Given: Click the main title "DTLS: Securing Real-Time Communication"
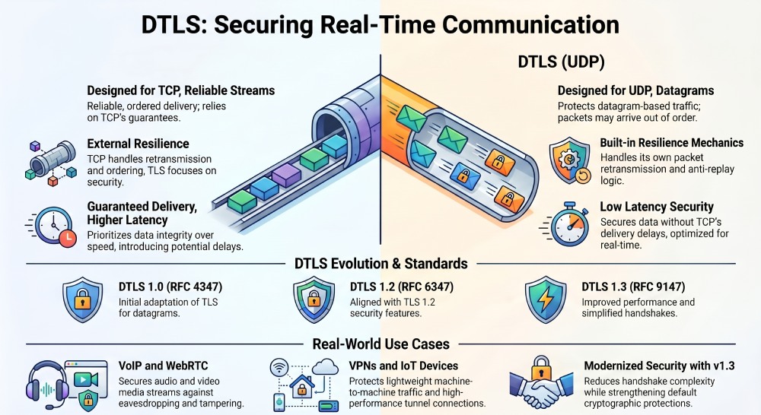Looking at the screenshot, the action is pyautogui.click(x=380, y=24).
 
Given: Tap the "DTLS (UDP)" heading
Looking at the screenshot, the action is pyautogui.click(x=561, y=62).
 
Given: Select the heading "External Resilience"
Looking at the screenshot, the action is pyautogui.click(x=138, y=144).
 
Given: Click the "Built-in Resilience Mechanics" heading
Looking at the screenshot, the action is pyautogui.click(x=672, y=143).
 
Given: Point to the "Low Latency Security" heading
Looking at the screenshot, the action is pyautogui.click(x=657, y=207).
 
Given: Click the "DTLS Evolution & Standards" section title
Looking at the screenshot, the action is pyautogui.click(x=381, y=263).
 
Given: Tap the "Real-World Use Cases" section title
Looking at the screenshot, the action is pyautogui.click(x=381, y=344).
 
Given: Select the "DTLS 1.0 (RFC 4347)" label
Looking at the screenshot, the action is pyautogui.click(x=170, y=287).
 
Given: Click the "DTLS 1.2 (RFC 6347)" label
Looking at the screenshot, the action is pyautogui.click(x=402, y=287).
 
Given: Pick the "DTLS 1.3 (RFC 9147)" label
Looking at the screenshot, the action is pyautogui.click(x=633, y=287).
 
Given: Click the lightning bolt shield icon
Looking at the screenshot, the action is pyautogui.click(x=546, y=299).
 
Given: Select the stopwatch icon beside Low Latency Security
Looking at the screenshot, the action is pyautogui.click(x=568, y=224).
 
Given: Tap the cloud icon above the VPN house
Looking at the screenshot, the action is pyautogui.click(x=325, y=366).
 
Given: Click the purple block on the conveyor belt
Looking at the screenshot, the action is pyautogui.click(x=286, y=175).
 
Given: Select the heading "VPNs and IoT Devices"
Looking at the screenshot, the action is pyautogui.click(x=403, y=366).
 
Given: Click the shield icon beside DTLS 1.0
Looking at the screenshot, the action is pyautogui.click(x=82, y=299).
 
